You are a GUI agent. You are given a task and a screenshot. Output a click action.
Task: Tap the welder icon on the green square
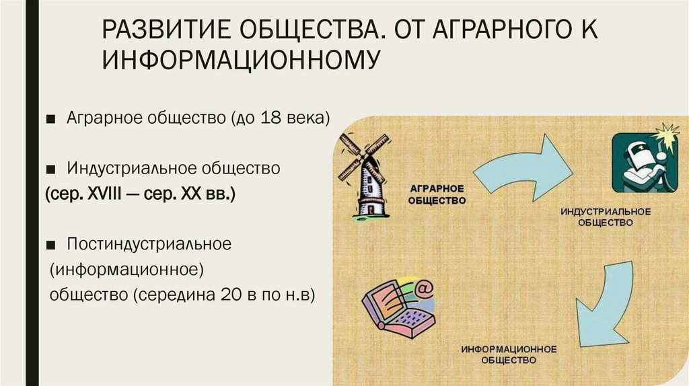click(x=640, y=163)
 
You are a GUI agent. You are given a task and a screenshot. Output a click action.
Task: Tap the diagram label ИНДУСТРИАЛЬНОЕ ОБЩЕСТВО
click(x=606, y=217)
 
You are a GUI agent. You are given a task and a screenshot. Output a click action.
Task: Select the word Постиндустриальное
click(x=149, y=243)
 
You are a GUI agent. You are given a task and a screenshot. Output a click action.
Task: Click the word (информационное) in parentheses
click(x=126, y=269)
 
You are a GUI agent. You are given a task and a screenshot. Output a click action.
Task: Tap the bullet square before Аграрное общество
click(x=51, y=120)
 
